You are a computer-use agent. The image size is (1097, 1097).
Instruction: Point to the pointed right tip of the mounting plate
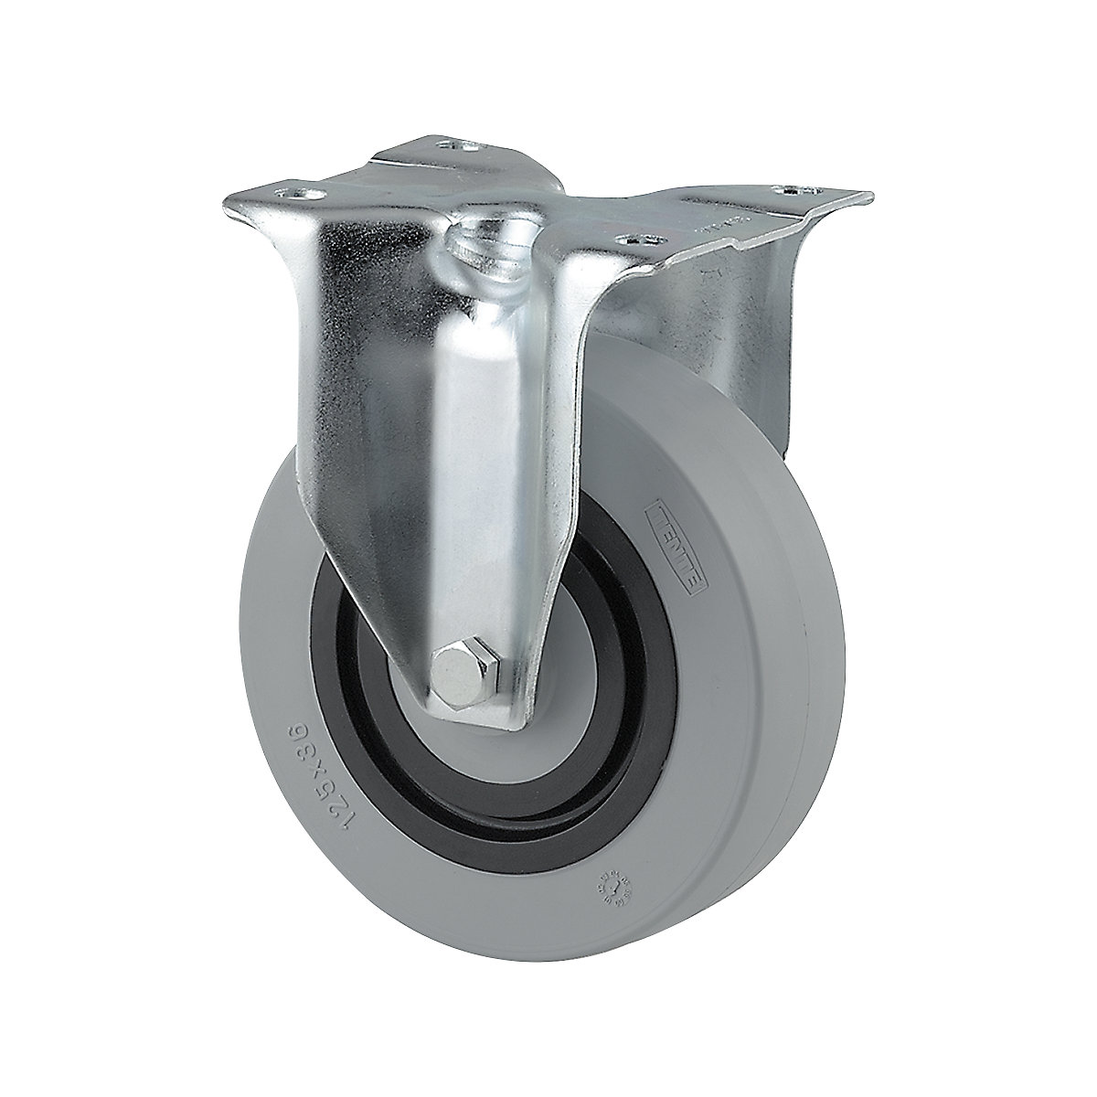(864, 195)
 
